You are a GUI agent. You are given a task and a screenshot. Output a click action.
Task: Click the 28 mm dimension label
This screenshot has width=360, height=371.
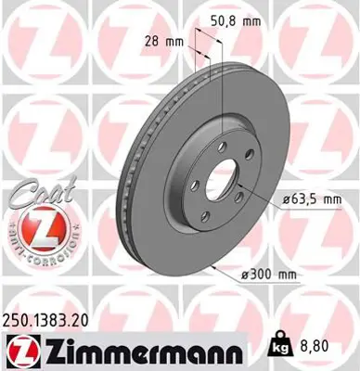[165, 40]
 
